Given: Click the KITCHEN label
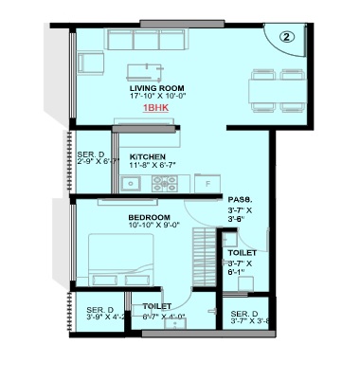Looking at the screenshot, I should click(x=148, y=155).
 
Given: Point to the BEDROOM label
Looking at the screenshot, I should click(x=149, y=217).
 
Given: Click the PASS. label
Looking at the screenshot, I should click(x=238, y=199).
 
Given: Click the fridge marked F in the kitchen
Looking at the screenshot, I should click(x=205, y=180).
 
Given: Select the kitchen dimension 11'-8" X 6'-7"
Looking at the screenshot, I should click(x=148, y=165).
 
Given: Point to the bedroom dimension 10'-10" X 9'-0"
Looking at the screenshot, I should click(x=149, y=227).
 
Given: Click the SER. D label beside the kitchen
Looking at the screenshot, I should click(x=91, y=154).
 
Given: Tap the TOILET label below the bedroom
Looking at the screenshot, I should click(x=156, y=307).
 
